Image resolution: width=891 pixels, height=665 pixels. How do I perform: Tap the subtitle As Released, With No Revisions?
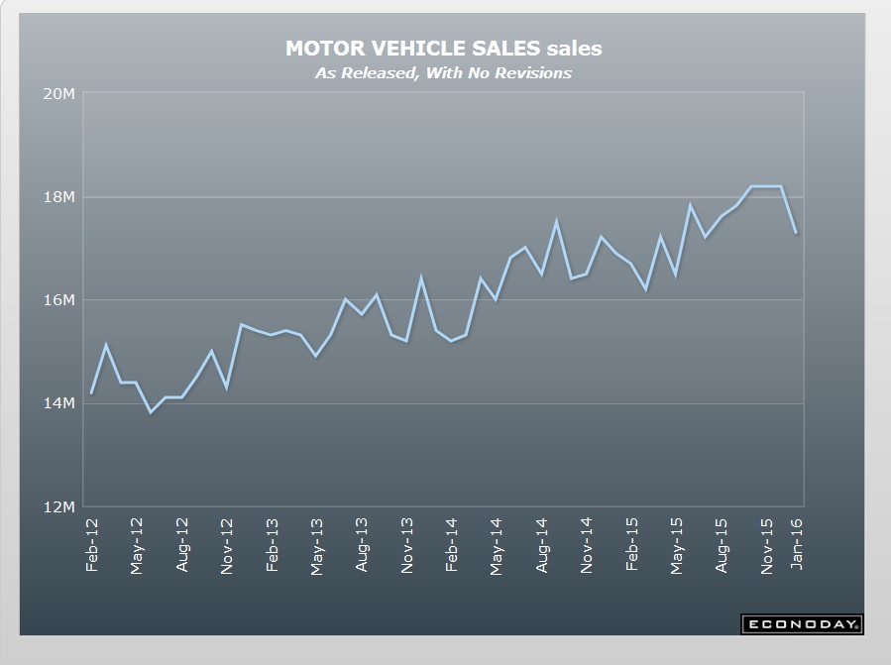(443, 72)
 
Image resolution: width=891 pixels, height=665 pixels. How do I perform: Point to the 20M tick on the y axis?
(60, 94)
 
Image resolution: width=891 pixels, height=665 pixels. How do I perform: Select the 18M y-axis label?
(60, 197)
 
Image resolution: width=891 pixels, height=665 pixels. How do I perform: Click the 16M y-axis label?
(60, 300)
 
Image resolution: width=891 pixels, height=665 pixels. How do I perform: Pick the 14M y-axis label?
(60, 403)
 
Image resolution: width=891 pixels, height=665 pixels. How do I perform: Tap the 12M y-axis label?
(60, 506)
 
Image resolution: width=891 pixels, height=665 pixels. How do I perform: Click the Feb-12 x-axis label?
(92, 545)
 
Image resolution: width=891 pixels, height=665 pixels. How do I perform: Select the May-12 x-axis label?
(137, 545)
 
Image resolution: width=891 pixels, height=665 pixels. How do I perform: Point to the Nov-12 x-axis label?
(227, 545)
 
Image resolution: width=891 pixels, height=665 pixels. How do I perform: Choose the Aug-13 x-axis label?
(362, 545)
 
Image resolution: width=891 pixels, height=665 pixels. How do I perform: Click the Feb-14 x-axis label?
(452, 545)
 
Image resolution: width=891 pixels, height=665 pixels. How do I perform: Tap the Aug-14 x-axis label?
(542, 545)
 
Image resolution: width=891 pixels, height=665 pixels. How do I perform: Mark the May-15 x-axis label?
(677, 545)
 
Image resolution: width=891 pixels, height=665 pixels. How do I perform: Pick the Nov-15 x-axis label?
(767, 545)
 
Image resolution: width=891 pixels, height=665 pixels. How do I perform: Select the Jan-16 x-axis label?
(797, 545)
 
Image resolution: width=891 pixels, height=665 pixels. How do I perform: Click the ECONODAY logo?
(802, 624)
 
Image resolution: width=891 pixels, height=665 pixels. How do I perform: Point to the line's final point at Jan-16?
(797, 233)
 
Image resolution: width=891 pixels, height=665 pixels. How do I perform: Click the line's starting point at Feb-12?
(92, 392)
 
